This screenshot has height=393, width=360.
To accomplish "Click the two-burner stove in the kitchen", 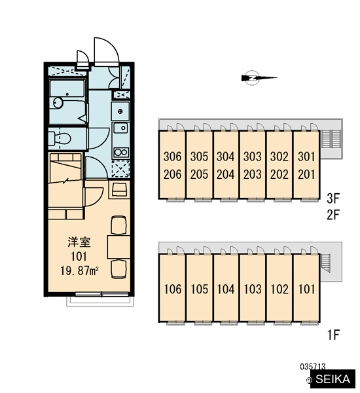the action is tap(121, 152).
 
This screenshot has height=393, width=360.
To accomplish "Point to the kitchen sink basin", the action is tap(121, 128).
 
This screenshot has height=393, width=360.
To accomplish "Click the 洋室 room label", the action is tap(79, 242).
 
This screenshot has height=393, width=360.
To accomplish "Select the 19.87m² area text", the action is tap(79, 271).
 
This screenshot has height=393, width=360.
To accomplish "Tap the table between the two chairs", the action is tap(118, 247).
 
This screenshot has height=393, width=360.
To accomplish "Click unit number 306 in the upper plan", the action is tap(172, 157).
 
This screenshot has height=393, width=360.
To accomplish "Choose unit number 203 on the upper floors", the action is tap(252, 174).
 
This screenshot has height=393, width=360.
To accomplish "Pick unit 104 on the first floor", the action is tap(225, 289).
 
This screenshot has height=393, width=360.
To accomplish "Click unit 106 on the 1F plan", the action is tap(172, 289).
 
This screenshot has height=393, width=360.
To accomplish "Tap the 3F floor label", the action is tap(333, 198).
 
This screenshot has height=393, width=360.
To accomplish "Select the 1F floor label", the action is tap(333, 335).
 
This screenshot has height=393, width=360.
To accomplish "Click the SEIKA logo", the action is tap(333, 379).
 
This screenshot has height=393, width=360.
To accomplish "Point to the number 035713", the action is tap(313, 367).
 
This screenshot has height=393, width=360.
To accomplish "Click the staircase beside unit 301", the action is tap(331, 138).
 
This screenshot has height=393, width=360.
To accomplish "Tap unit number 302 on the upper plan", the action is tap(279, 157).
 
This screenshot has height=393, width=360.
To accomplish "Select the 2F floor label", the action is tap(333, 215).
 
